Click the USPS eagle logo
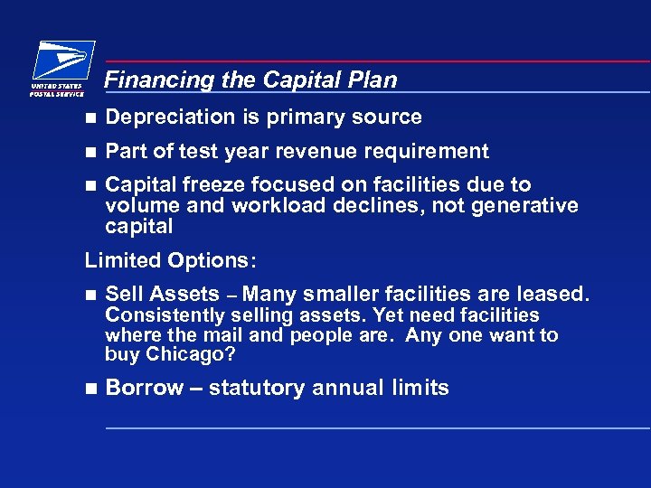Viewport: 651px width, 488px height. click(61, 63)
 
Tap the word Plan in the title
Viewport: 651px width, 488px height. click(375, 80)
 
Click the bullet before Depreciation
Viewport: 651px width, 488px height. click(89, 117)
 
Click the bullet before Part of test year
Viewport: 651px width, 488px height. click(89, 152)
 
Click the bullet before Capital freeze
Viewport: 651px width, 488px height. click(89, 185)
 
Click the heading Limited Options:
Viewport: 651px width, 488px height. click(171, 261)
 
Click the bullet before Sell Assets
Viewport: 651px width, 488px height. click(89, 295)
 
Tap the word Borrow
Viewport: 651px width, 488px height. click(144, 389)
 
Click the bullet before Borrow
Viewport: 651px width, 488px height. click(89, 389)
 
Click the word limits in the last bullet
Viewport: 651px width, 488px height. click(420, 389)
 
